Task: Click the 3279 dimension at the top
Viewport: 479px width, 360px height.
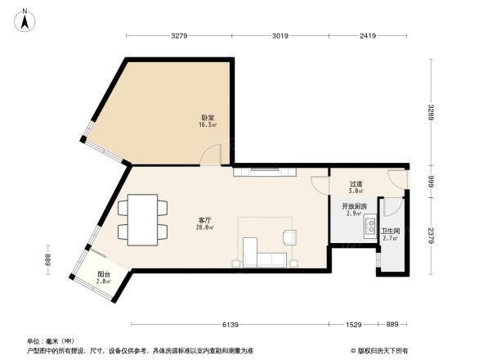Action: coord(181,36)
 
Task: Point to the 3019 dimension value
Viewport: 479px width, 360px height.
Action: coord(280,36)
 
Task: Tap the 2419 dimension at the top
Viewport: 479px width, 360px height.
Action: coord(367,36)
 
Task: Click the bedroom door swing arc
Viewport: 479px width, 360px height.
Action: coord(211,155)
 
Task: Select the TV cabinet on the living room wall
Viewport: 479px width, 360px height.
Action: coord(266,172)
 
